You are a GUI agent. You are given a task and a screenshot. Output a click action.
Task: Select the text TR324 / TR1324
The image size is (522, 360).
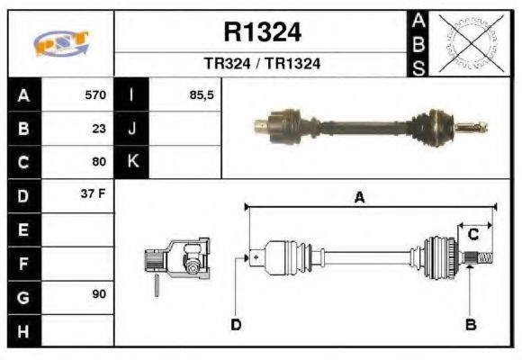pyautogui.click(x=261, y=64)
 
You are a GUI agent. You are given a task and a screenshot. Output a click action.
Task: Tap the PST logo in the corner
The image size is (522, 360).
pyautogui.click(x=61, y=43)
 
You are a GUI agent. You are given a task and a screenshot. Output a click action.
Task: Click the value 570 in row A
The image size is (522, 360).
pyautogui.click(x=95, y=94)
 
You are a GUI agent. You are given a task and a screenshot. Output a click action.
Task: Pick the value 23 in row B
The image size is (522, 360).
pyautogui.click(x=99, y=128)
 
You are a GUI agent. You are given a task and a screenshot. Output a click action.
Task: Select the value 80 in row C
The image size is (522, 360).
pyautogui.click(x=99, y=162)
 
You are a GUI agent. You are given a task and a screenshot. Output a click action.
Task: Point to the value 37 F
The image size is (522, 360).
pyautogui.click(x=94, y=194)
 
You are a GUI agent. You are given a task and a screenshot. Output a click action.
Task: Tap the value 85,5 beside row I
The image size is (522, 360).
pyautogui.click(x=202, y=94)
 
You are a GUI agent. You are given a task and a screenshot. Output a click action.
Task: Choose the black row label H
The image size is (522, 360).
pyautogui.click(x=23, y=330)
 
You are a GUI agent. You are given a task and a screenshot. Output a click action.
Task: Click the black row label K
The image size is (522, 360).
pyautogui.click(x=132, y=162)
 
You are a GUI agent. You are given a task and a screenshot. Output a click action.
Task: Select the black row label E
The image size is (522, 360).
pyautogui.click(x=23, y=229)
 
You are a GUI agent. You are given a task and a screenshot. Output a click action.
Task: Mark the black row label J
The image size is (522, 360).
pyautogui.click(x=132, y=128)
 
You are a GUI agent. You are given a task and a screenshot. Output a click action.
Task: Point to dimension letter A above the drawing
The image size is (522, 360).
pyautogui.click(x=358, y=198)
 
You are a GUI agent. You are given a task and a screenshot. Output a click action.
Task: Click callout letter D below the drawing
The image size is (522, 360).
pyautogui.click(x=236, y=324)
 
